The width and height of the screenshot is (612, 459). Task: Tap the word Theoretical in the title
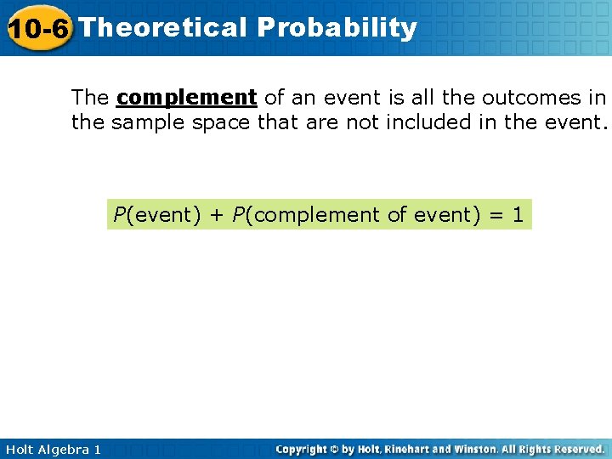click(161, 28)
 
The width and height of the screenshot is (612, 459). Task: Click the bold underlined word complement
click(187, 96)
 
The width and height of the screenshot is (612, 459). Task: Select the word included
click(429, 122)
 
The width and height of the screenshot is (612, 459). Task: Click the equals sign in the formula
click(493, 215)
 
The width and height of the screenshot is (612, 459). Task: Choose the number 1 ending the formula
click(518, 215)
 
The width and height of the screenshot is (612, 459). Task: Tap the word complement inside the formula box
click(317, 215)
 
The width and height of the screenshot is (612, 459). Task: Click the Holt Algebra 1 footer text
click(52, 449)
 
